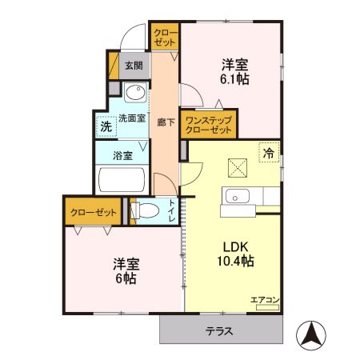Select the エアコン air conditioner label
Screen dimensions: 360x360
[265, 299]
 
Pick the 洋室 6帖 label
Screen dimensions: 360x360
[122, 270]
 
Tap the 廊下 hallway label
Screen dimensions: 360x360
[162, 122]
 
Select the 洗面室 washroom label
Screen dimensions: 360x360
[131, 118]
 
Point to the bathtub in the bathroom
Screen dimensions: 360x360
[120, 180]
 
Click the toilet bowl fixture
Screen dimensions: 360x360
[145, 212]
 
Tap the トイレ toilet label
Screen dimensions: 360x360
[172, 210]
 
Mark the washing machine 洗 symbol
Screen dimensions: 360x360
[105, 126]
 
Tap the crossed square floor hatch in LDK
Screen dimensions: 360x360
[238, 167]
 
